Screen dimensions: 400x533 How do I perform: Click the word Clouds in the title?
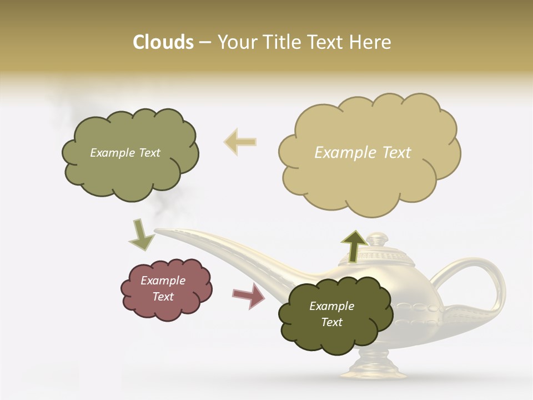(163, 42)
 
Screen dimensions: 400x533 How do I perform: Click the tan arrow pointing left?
(240, 141)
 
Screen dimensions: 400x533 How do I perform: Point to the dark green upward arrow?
(354, 245)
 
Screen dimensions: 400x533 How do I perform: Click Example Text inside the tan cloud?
(363, 153)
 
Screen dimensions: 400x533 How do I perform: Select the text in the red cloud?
(163, 288)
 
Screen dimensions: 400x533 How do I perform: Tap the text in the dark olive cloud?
(331, 314)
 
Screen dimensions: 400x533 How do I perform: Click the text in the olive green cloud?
(125, 153)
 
